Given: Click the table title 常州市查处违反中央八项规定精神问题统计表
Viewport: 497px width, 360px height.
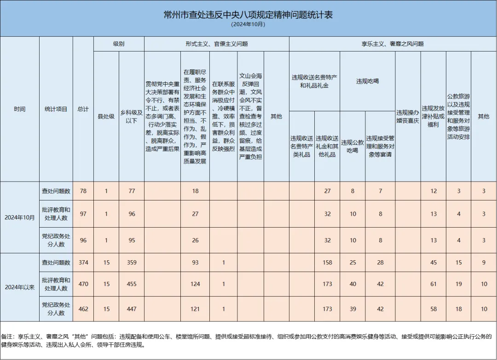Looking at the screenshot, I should point(248,15).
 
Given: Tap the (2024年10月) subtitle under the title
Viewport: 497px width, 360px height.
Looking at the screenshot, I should point(248,24).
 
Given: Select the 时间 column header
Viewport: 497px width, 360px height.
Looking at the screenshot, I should point(20,109).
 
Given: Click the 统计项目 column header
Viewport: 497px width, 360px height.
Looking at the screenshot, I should point(56,109).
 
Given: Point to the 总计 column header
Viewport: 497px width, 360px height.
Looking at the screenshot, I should point(83,109).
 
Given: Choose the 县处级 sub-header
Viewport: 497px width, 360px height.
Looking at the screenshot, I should point(106,116).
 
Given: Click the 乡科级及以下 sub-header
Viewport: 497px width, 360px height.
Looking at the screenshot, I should point(132,116).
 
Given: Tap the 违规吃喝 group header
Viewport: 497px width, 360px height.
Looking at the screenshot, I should point(367,81).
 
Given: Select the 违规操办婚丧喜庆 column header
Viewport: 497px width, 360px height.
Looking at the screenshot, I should point(408,116).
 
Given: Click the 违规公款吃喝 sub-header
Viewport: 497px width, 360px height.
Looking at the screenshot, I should point(353,146).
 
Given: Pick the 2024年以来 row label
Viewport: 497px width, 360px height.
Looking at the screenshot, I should point(20,287).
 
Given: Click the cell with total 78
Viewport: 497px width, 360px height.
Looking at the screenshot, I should point(83,191).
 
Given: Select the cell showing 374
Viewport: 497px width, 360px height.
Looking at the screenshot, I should point(83,263).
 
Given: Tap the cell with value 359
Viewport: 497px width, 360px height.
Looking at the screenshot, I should point(132,263).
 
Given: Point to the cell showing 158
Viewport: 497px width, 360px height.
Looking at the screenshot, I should point(327,263).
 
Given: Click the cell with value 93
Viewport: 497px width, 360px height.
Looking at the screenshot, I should point(195,263).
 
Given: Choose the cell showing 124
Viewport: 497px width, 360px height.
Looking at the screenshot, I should point(195,284).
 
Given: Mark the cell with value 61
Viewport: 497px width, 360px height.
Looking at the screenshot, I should point(433,284).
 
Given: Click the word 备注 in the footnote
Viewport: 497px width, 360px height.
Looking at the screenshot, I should point(8,337).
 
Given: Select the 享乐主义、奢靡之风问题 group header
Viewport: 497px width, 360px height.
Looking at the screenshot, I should point(392,44).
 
